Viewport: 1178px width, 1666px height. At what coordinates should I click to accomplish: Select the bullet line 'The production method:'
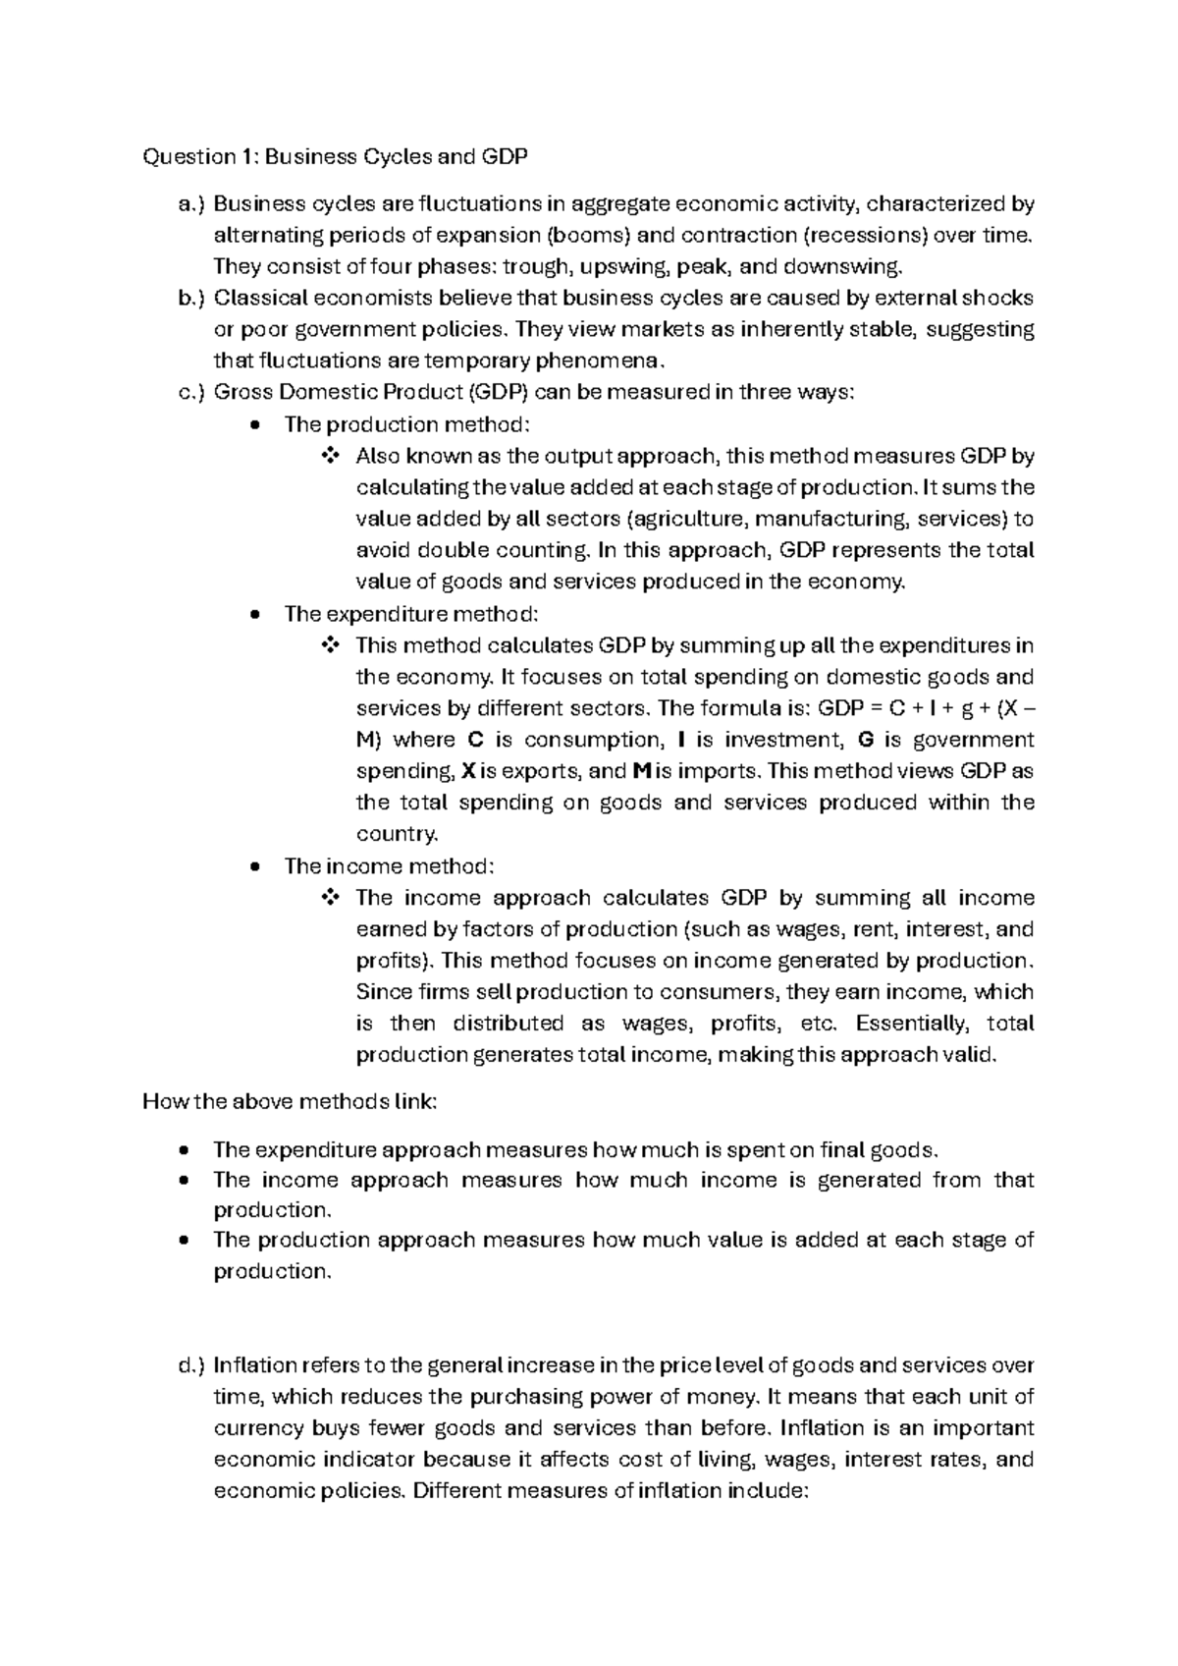pos(406,424)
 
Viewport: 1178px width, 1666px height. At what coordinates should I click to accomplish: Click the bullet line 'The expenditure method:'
pos(411,614)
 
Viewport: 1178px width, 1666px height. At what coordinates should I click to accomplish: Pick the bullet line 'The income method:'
pos(390,866)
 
